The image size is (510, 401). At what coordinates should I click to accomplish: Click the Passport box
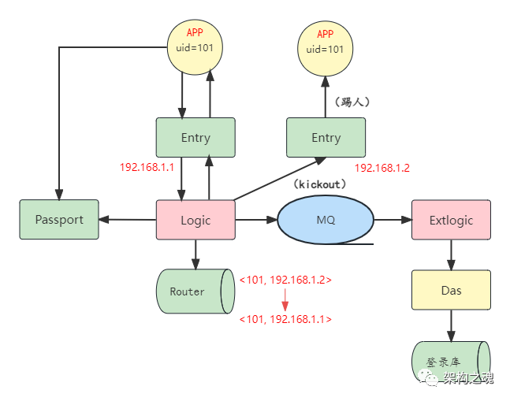click(59, 220)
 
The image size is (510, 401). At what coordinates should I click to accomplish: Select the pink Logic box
click(195, 220)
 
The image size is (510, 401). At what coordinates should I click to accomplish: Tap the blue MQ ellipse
click(326, 220)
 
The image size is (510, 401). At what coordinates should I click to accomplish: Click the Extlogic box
click(451, 220)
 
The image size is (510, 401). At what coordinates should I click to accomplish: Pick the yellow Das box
click(451, 290)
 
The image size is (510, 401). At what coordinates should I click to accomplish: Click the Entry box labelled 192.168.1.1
click(195, 138)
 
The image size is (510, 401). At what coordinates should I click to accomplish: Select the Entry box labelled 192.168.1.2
click(326, 138)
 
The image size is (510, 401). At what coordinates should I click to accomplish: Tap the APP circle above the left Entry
click(195, 46)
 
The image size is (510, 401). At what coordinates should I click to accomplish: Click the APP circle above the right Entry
click(326, 46)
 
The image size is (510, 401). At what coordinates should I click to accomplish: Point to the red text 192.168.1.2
click(382, 168)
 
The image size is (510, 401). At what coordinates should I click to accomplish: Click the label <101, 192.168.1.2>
click(285, 280)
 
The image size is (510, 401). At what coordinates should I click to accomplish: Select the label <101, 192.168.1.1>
click(285, 319)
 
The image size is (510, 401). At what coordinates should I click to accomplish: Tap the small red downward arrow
click(285, 299)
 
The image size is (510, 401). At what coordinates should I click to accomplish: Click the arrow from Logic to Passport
click(128, 220)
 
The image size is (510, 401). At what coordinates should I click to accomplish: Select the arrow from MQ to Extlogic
click(393, 220)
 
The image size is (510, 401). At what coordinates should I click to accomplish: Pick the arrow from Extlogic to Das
click(451, 254)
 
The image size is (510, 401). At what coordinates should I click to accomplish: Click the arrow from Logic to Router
click(195, 254)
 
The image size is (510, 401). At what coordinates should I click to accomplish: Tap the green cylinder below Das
click(450, 361)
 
